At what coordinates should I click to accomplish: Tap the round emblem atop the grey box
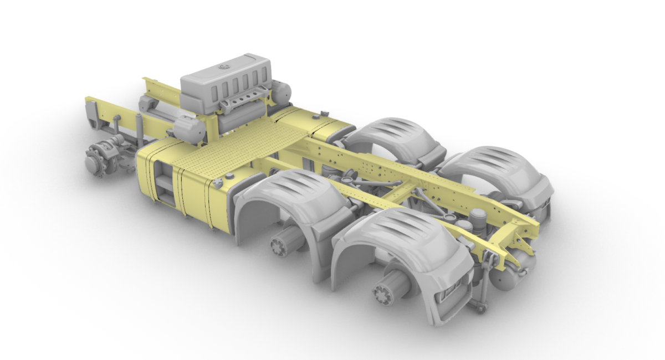coord(223,67)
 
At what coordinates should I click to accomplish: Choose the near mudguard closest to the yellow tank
coord(288,199)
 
